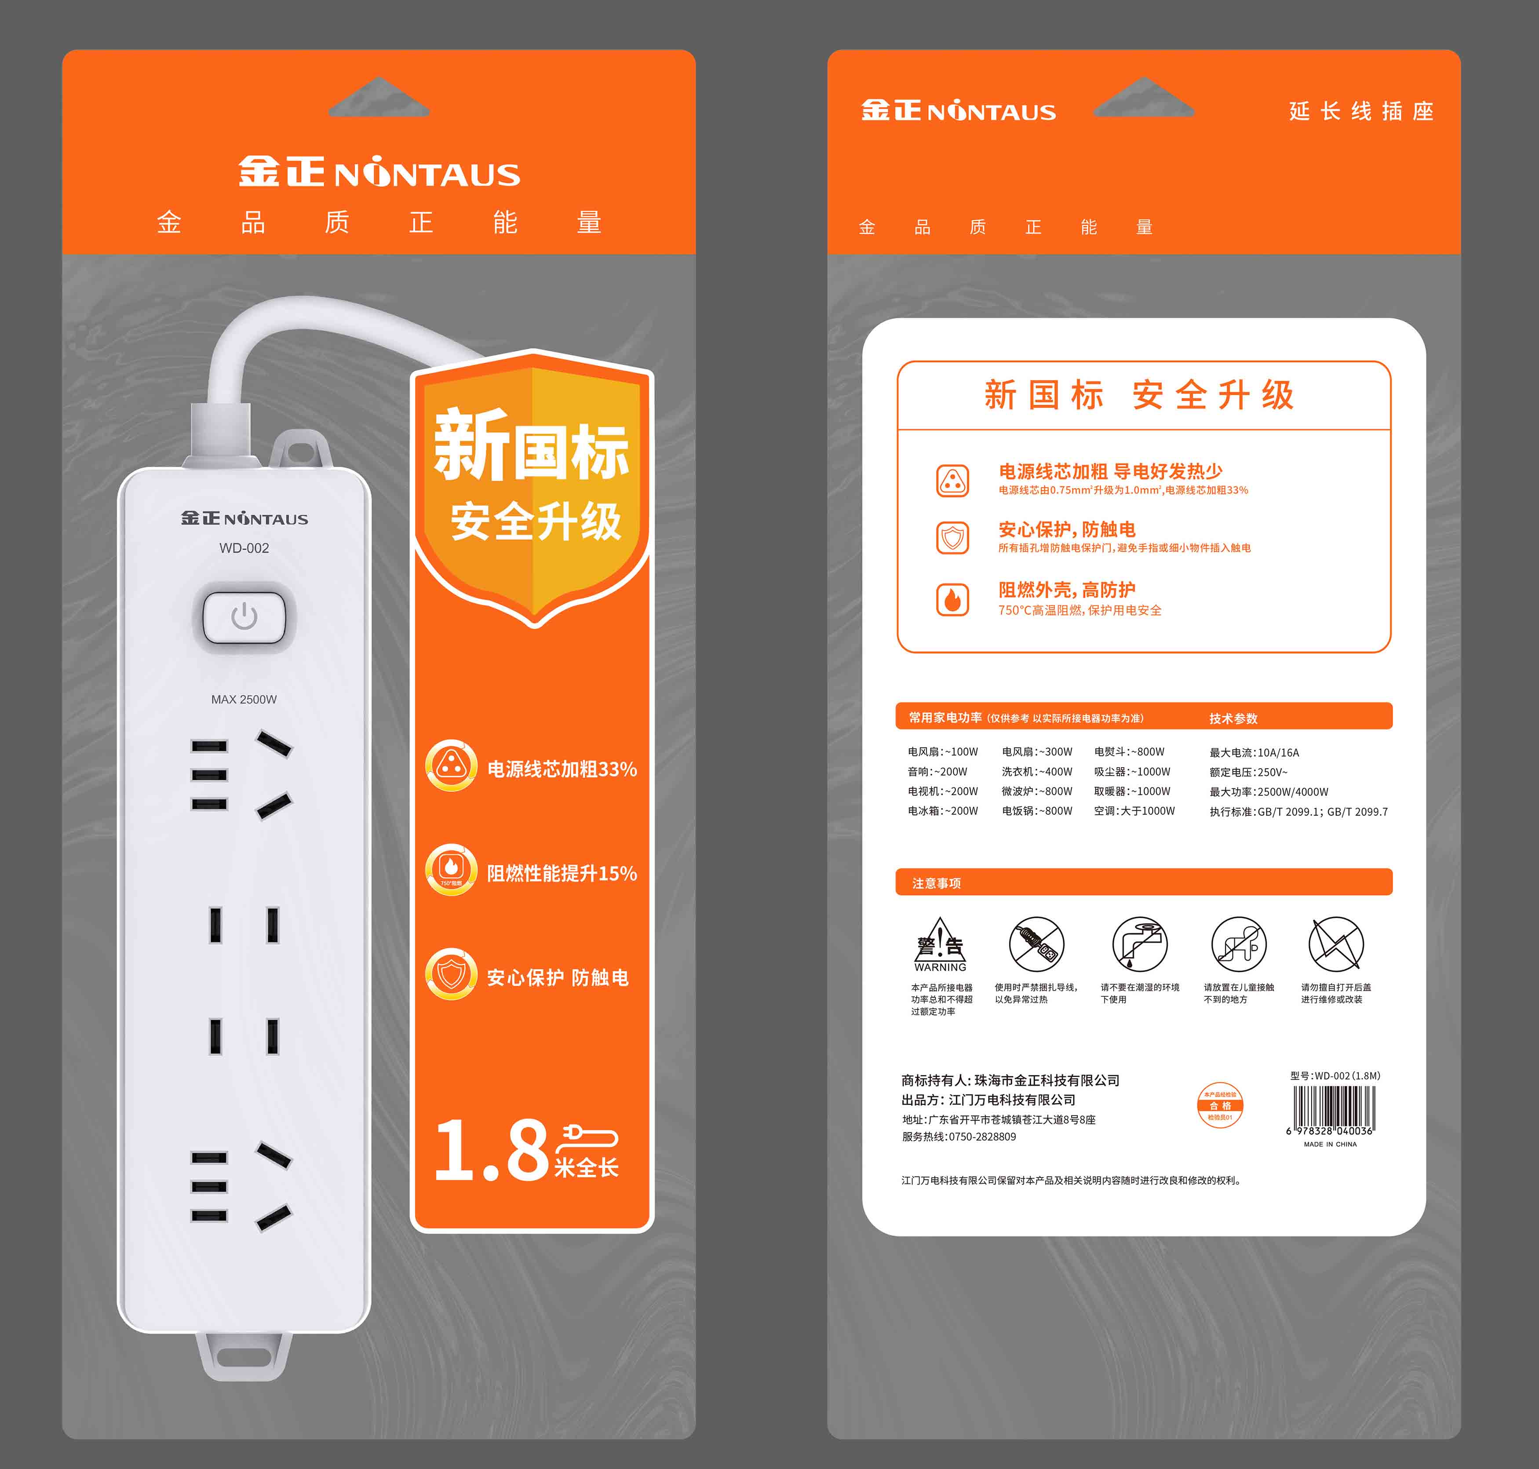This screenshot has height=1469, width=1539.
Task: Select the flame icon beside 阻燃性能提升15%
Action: pyautogui.click(x=451, y=869)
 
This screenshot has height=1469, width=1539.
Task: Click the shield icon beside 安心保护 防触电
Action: pyautogui.click(x=451, y=973)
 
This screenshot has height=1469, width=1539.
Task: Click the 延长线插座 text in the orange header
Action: pyautogui.click(x=1361, y=111)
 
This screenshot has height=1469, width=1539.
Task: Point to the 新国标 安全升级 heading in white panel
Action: pyautogui.click(x=1140, y=395)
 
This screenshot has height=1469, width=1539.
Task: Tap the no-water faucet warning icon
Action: pyautogui.click(x=1140, y=944)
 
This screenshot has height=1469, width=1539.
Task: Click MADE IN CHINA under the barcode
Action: pyautogui.click(x=1330, y=1144)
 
